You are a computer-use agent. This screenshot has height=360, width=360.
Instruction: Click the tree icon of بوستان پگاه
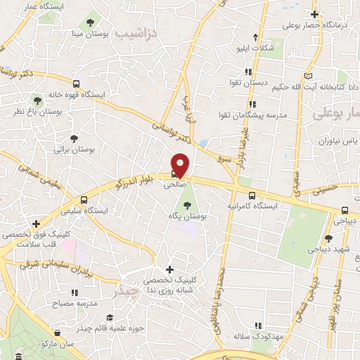186,205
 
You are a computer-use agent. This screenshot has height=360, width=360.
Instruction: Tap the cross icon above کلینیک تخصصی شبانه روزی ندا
169,269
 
